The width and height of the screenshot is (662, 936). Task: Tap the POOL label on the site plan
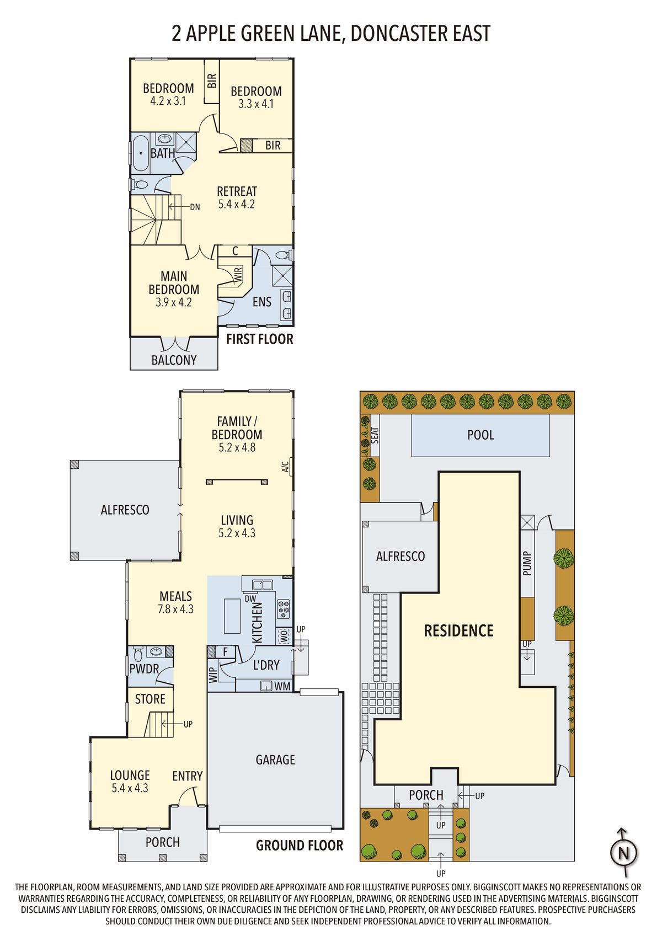481,435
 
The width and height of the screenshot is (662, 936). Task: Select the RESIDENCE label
458,630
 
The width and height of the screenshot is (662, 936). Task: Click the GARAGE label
275,760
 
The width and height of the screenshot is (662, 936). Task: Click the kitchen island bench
232,616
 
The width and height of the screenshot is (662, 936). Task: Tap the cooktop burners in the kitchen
284,609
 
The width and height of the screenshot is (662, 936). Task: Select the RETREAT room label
237,191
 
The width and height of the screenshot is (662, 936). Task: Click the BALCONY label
174,360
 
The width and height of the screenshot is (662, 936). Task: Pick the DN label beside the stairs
195,207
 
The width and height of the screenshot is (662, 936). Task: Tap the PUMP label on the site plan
527,563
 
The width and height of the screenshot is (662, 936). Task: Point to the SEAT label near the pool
375,435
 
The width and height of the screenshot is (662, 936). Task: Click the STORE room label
150,699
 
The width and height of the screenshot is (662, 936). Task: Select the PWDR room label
144,668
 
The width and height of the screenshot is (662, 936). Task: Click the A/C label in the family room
285,467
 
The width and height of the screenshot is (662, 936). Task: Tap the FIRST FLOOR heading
259,339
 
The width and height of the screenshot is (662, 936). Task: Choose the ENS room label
262,302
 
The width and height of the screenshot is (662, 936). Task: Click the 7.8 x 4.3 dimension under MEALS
175,609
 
